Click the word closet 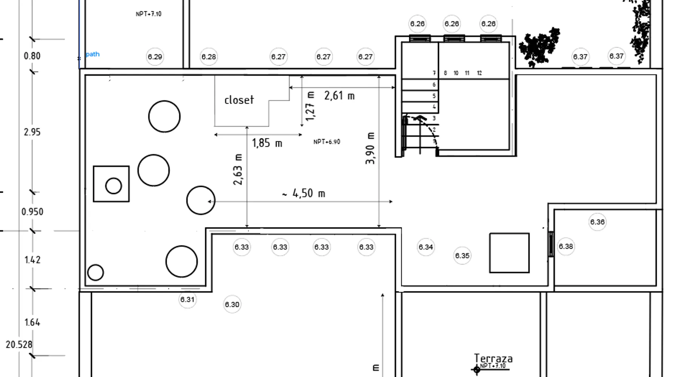coord(239,100)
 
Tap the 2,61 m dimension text coord(339,96)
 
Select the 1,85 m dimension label coord(267,143)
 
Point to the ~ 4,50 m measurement coord(304,193)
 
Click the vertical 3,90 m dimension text coord(370,148)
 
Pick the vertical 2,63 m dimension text coord(238,169)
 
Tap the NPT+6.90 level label coord(327,142)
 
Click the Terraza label coord(493,358)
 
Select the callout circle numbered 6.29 coord(155,57)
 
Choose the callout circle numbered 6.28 coord(209,57)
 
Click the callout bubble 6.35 coord(462,256)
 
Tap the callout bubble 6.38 coord(566,246)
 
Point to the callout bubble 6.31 coord(187,299)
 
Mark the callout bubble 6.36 coord(598,222)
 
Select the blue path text coord(92,54)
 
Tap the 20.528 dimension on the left coord(19,344)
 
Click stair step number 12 coord(479,73)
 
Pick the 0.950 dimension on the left coord(32,211)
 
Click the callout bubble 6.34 coord(426,247)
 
